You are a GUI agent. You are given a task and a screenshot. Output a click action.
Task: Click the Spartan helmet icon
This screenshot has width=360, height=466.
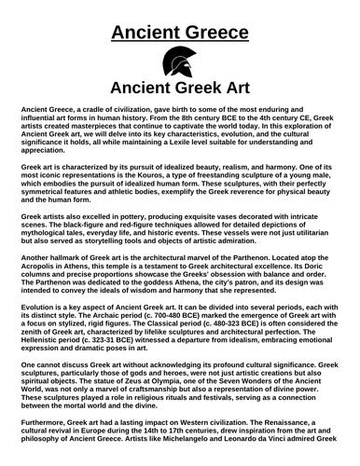click(x=179, y=63)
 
